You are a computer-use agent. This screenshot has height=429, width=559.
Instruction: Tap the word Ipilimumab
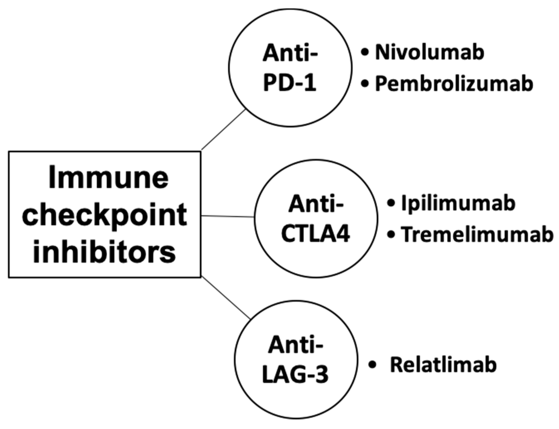[x=458, y=203]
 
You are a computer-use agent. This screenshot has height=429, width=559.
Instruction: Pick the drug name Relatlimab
[x=443, y=365]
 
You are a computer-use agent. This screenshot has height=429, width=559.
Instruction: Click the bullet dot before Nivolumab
[x=365, y=53]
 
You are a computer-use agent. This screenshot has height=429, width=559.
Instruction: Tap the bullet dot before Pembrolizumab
[x=365, y=84]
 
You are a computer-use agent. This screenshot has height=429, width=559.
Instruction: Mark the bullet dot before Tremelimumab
[x=391, y=235]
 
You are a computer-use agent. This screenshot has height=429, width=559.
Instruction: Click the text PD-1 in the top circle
[x=290, y=83]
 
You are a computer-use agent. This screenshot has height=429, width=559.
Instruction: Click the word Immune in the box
[x=108, y=178]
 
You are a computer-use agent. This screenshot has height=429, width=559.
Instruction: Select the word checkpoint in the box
[x=105, y=216]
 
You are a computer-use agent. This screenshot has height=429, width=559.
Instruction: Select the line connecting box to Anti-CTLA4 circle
[x=227, y=217]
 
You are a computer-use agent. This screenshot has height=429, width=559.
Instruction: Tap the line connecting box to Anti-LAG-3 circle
[x=226, y=298]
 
